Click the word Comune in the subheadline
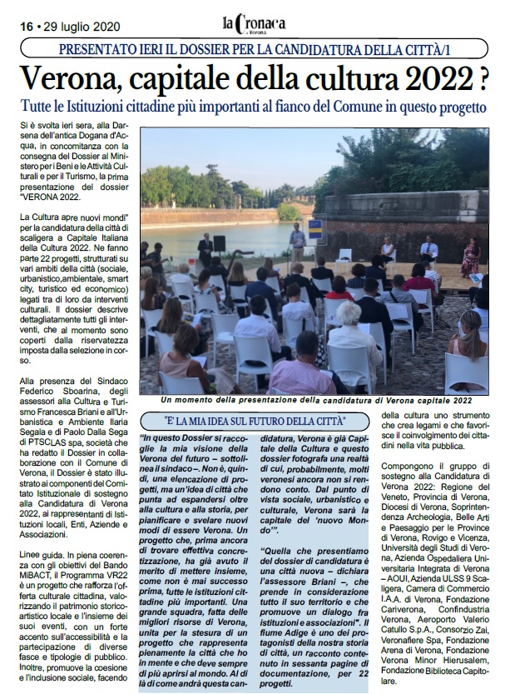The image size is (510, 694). tap(349, 107)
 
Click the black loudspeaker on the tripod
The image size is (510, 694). tap(220, 242)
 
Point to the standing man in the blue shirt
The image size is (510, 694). tap(298, 243)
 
